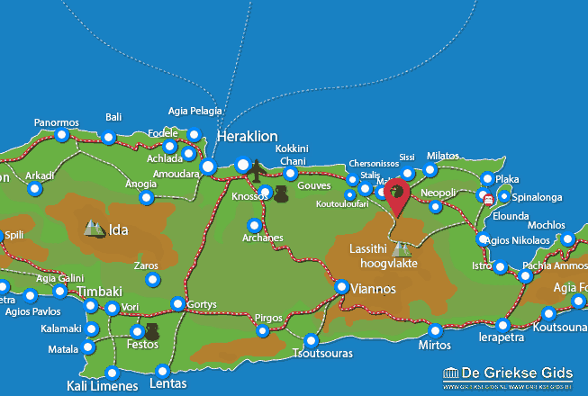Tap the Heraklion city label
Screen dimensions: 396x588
pyautogui.click(x=245, y=136)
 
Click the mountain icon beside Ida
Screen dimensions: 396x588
pyautogui.click(x=94, y=229)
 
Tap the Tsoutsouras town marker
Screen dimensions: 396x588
pyautogui.click(x=312, y=341)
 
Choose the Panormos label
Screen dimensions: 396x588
pyautogui.click(x=57, y=122)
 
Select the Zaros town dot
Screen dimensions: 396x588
pyautogui.click(x=152, y=281)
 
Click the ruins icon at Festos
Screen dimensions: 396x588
pyautogui.click(x=152, y=333)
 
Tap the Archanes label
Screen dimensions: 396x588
pyautogui.click(x=263, y=238)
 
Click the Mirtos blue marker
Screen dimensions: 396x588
pyautogui.click(x=436, y=330)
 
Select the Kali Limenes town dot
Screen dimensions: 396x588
pyautogui.click(x=112, y=373)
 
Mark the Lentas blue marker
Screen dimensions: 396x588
pyautogui.click(x=163, y=371)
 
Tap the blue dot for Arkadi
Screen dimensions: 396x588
pyautogui.click(x=34, y=189)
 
